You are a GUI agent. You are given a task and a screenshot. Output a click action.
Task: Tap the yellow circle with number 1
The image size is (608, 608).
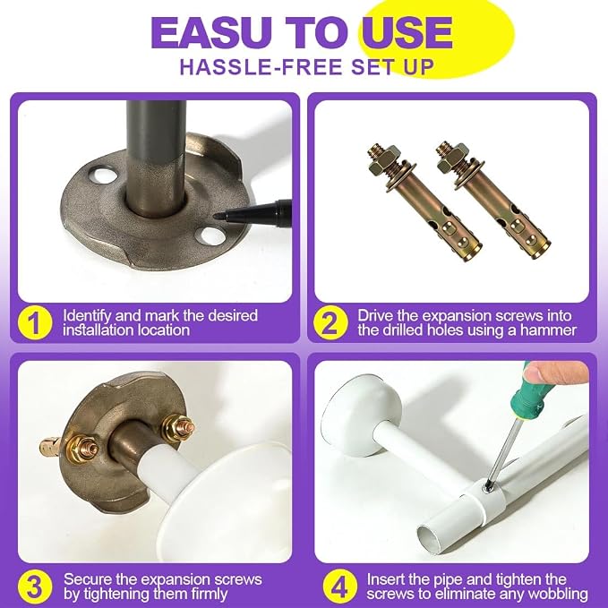tap(35, 323)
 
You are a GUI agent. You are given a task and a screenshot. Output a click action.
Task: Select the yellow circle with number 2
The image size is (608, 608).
tap(330, 323)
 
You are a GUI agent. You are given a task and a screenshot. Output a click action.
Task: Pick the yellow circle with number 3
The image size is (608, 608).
tap(35, 587)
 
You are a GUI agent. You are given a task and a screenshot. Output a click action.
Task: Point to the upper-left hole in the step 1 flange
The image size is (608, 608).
tap(103, 175)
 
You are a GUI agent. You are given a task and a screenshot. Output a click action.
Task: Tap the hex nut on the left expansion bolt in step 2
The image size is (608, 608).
tap(382, 162)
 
